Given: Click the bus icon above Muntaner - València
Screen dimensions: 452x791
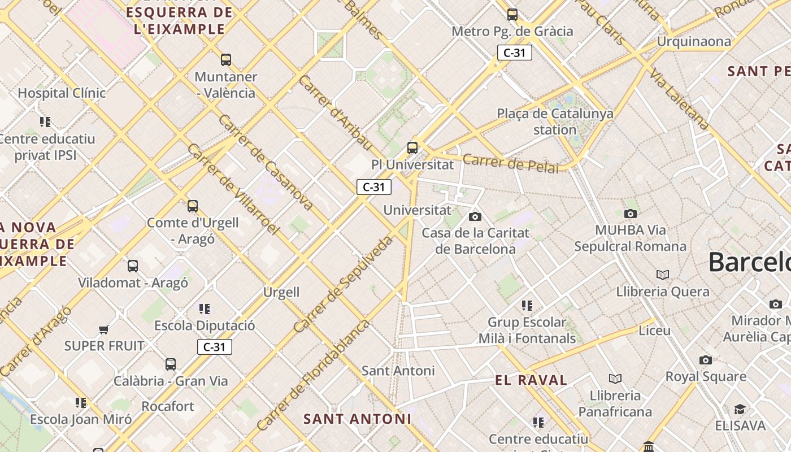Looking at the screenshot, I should point(226,59).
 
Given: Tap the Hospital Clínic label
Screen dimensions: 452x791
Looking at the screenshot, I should point(62,93).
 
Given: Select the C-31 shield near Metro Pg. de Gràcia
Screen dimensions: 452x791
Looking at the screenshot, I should point(514,53).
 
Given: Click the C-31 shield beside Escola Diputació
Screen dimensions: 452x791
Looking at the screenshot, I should point(215,347).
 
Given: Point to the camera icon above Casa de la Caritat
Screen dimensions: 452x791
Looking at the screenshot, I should point(475,216).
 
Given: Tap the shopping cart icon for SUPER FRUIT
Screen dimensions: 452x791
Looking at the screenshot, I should point(103,329).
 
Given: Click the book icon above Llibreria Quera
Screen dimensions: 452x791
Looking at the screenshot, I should point(663,275).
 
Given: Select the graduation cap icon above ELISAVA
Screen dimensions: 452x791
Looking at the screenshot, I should point(740,409).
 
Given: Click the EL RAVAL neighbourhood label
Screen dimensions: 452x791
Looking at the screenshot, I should point(531,380).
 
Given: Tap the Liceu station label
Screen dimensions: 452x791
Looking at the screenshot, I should point(654,331).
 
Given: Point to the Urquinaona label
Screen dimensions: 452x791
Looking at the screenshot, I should point(693,41).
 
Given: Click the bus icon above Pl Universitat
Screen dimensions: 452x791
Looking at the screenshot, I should point(412,148).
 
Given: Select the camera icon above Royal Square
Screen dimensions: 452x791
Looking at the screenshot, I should point(705,360).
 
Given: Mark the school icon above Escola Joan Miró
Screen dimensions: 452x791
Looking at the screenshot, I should point(81,403).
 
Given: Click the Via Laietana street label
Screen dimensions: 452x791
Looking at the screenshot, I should point(679,99).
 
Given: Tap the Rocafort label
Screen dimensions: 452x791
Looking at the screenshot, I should point(167,406).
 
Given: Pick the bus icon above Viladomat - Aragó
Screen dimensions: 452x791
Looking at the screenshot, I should point(133,266).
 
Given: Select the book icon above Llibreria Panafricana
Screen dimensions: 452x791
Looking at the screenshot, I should point(615,379).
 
